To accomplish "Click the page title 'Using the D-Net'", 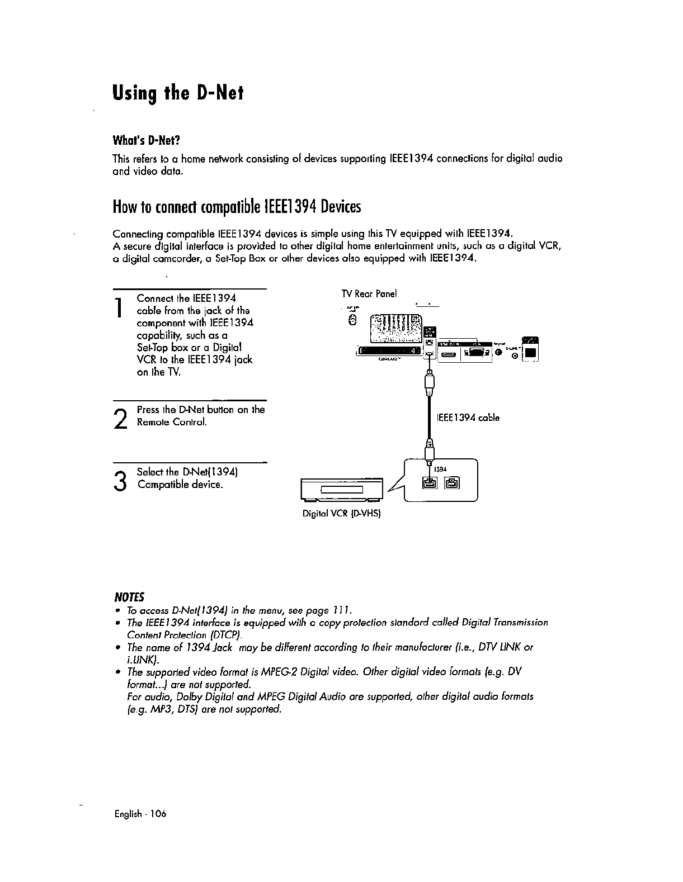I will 178,92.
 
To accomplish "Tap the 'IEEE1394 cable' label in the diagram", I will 468,418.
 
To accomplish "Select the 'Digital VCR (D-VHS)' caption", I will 341,513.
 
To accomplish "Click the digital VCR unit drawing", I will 341,490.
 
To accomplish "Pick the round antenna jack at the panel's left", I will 352,320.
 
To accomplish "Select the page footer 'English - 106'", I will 140,813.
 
